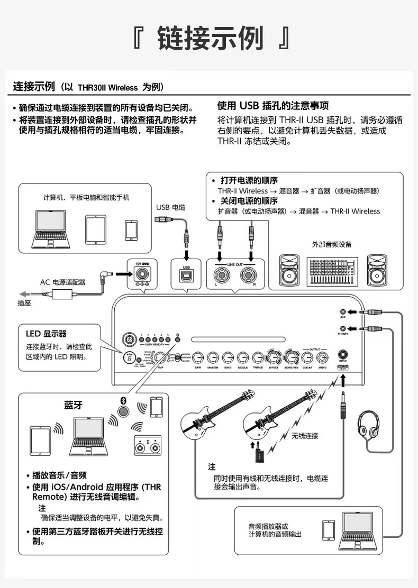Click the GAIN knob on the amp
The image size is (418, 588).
(x=198, y=357)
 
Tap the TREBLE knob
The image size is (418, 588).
(x=258, y=357)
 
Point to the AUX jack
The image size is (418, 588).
(x=343, y=312)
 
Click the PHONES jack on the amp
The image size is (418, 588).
(x=343, y=328)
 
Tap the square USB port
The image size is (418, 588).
(x=186, y=274)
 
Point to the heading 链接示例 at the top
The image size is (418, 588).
(x=211, y=38)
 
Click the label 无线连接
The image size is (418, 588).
(x=305, y=436)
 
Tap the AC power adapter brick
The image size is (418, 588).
(x=59, y=295)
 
